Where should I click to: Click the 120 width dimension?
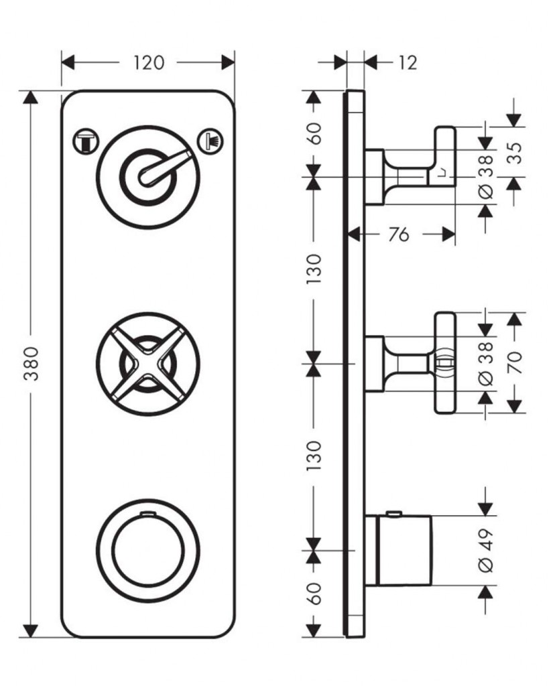(149, 62)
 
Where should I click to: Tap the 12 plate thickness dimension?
(407, 62)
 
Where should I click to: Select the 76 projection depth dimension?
(398, 234)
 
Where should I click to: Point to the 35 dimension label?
(515, 152)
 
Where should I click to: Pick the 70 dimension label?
(515, 362)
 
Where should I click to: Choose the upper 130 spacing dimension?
(314, 268)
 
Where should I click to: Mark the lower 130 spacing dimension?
(314, 456)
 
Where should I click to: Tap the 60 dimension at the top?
(314, 133)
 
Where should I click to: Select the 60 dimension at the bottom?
(314, 594)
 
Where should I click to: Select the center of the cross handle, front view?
(147, 362)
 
